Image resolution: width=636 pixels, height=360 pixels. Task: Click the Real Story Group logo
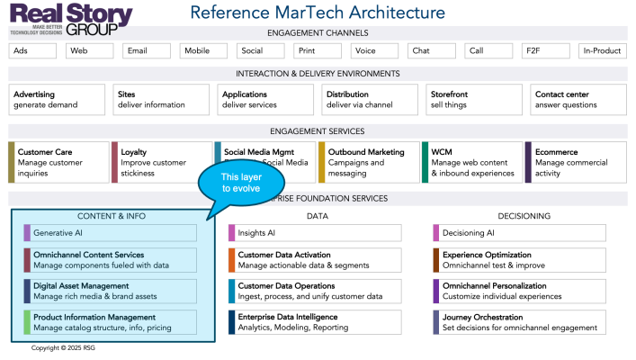tap(71, 17)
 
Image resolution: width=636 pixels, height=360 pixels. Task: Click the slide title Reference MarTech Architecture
tap(318, 13)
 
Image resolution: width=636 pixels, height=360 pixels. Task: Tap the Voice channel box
tap(374, 51)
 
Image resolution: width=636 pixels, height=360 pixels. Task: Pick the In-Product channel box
tap(602, 51)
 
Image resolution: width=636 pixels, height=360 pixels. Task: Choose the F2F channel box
tap(545, 51)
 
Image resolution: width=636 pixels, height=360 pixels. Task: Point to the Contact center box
tap(577, 99)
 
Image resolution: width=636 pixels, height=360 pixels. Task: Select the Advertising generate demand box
tap(56, 99)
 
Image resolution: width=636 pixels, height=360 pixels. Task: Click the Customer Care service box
tap(58, 162)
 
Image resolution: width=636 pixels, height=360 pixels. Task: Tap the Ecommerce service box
tap(576, 162)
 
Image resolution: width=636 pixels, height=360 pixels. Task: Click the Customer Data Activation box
tap(315, 260)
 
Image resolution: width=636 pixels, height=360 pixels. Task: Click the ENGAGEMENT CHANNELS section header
tap(318, 33)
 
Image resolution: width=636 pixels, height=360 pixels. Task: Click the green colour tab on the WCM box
tap(425, 162)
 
